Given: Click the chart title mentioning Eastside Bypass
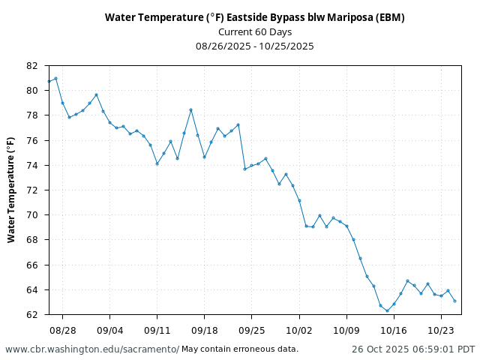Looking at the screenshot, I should tap(254, 17).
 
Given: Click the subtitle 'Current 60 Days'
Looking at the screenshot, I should tap(254, 31).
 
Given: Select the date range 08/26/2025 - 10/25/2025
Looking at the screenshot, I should tap(254, 46).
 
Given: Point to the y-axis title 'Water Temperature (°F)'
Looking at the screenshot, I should tap(11, 190).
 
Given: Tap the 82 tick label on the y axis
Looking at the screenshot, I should tap(31, 66).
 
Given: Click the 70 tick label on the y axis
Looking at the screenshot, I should tap(31, 215).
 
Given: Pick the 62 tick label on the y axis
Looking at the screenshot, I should tap(31, 315).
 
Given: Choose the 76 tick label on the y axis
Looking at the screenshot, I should tap(31, 140).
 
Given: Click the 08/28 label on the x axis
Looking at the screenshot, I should tap(62, 330).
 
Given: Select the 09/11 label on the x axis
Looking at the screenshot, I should tap(157, 330).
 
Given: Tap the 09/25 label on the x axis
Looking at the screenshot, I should tap(251, 330).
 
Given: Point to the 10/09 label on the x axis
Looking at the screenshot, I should tap(346, 330).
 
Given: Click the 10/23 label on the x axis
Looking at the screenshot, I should tap(441, 330).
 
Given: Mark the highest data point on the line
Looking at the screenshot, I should tap(55, 79).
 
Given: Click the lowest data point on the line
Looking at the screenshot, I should tap(387, 310).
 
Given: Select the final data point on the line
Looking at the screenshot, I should tap(454, 301).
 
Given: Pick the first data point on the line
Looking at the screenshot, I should tap(49, 81).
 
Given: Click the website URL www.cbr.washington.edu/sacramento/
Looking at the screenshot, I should tap(92, 349).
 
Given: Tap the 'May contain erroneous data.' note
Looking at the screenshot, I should tap(240, 349).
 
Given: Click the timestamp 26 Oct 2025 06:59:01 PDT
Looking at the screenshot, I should tap(413, 349).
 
